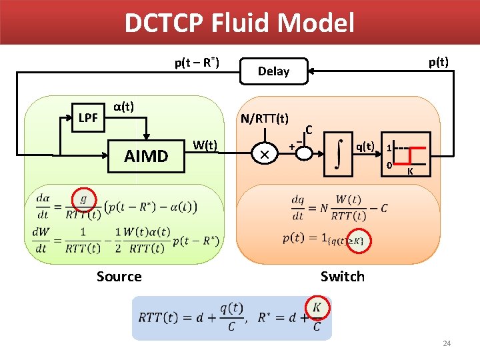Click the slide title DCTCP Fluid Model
(x=239, y=23)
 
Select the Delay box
(x=274, y=71)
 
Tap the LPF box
(x=88, y=118)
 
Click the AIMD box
(x=147, y=156)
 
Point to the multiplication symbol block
(x=264, y=154)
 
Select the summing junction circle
(x=304, y=153)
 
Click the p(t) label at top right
(x=438, y=62)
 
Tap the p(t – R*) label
(x=197, y=63)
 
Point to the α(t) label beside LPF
(x=123, y=106)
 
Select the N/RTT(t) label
(x=265, y=119)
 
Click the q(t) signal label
(x=365, y=146)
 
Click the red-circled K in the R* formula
(x=317, y=308)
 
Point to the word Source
(x=119, y=276)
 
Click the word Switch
(x=342, y=276)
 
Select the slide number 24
(x=447, y=343)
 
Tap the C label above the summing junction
(x=309, y=129)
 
